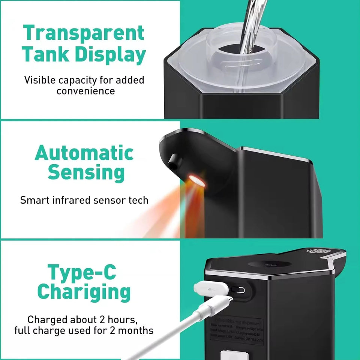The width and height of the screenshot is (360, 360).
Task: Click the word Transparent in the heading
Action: click(83, 33)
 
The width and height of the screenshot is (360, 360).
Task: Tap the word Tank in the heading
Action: click(44, 54)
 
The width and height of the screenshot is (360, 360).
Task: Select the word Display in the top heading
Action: click(110, 55)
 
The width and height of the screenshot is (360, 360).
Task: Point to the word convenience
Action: click(85, 91)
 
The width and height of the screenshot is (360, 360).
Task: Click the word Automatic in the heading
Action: click(84, 153)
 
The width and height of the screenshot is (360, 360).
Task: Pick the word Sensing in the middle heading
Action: click(86, 173)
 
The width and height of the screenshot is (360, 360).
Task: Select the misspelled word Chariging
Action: click(84, 292)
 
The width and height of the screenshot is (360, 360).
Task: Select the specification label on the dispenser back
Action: click(236, 330)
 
